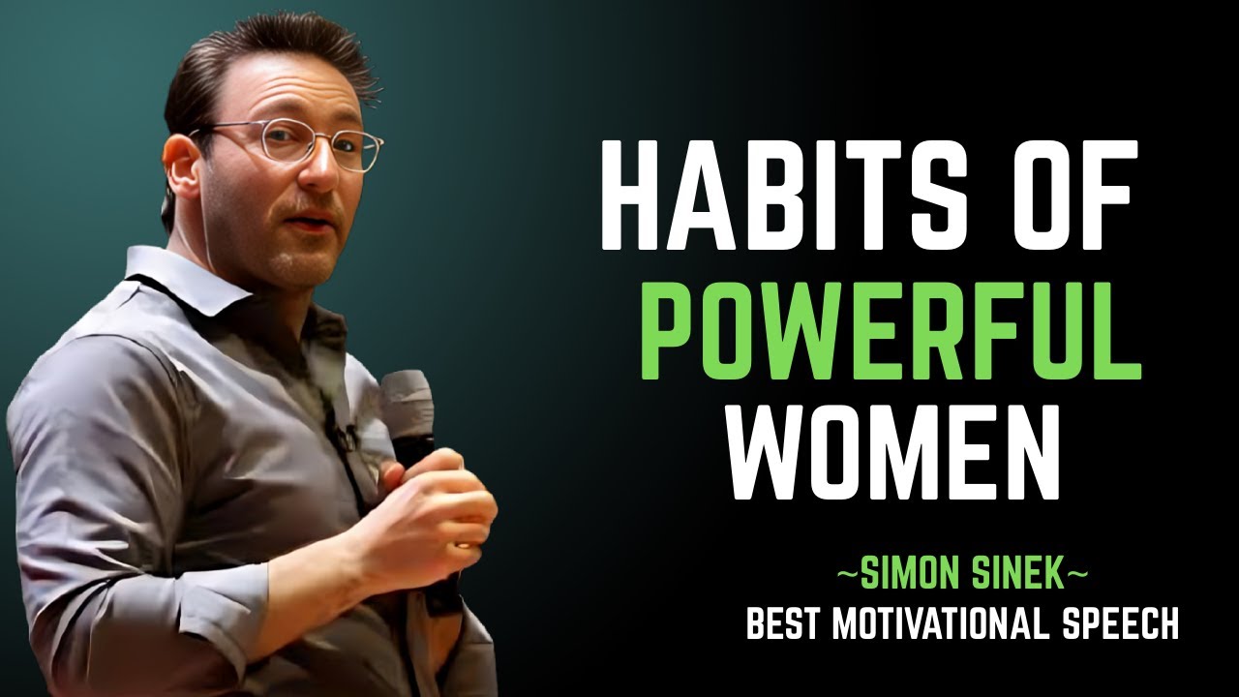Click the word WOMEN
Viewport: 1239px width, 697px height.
(x=895, y=448)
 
